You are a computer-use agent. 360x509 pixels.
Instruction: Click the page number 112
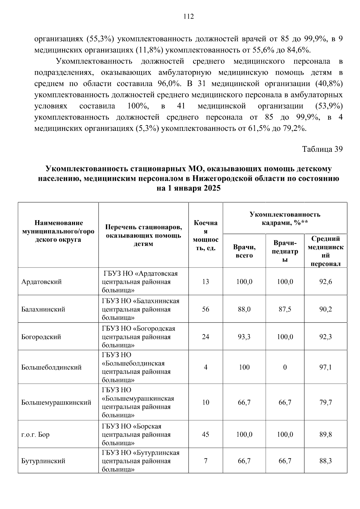189,16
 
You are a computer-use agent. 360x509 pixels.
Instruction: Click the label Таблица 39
322,149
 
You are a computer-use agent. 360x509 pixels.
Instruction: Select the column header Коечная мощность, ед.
205,235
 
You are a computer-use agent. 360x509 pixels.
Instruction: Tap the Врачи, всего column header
244,251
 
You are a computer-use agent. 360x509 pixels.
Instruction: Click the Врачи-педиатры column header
285,251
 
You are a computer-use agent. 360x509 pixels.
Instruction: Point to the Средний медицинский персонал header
325,251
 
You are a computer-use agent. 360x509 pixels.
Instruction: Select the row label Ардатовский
41,282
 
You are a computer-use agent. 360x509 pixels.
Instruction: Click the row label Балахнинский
43,309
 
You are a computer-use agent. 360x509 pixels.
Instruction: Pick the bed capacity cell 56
205,309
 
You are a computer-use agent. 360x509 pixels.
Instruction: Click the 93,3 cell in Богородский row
244,337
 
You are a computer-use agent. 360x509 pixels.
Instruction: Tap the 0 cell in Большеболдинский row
285,367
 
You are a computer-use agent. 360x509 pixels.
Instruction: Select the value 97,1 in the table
325,367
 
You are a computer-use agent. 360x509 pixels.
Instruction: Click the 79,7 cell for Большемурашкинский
325,402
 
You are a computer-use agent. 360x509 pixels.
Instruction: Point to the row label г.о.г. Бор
35,435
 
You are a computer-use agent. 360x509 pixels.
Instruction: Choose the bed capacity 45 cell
205,435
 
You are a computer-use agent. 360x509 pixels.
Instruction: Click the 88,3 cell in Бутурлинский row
325,461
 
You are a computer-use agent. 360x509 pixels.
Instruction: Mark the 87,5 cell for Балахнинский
285,309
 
